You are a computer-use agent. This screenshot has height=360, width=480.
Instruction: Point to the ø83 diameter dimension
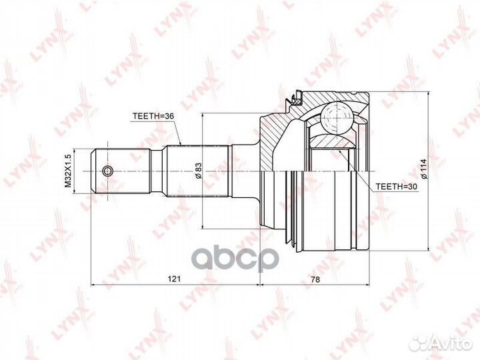coord(198,171)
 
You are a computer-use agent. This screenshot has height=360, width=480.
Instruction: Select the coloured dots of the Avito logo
coord(421,343)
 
